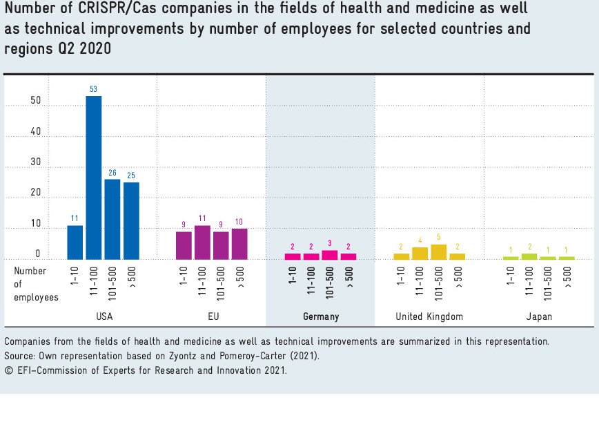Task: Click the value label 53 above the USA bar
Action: tap(93, 89)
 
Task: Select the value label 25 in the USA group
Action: tap(131, 175)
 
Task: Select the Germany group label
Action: tap(321, 316)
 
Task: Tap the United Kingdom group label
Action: tap(429, 316)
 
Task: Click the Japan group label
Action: tap(539, 316)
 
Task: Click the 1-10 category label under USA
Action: tap(75, 276)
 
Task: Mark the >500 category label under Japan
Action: tap(567, 276)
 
